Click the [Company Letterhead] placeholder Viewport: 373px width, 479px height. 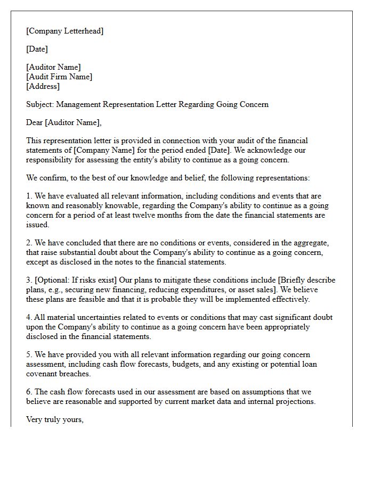[65, 31]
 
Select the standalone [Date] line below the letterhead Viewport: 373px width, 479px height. [37, 49]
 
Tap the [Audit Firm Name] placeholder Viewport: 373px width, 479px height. [59, 77]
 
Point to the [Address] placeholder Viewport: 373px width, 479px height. [43, 86]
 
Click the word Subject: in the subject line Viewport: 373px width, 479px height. [40, 104]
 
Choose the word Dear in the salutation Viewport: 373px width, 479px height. [35, 122]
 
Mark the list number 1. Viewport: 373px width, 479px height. [29, 196]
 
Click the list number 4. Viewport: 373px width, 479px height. [29, 317]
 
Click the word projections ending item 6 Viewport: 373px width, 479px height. [295, 401]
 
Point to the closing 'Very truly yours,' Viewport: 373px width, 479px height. [55, 419]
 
